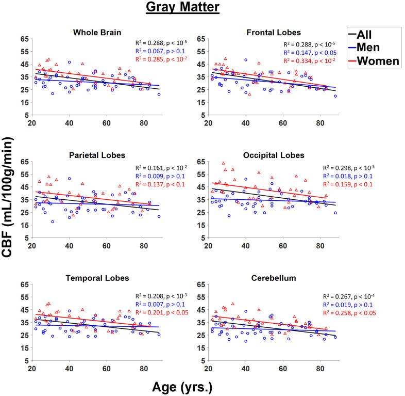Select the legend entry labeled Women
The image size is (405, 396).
(x=379, y=61)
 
